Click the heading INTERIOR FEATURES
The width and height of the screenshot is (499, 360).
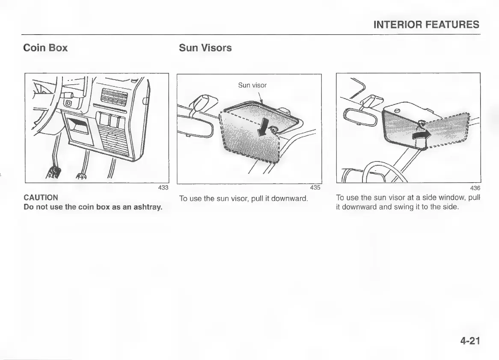[x=426, y=24]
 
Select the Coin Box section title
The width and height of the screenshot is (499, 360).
[x=45, y=48]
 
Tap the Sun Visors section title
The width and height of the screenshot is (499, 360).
[x=205, y=48]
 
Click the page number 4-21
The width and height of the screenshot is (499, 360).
[x=470, y=341]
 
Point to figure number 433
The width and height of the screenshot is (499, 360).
[x=163, y=187]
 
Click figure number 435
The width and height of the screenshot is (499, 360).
[x=315, y=187]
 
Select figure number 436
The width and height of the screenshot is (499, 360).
[x=475, y=188]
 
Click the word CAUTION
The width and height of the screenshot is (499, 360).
[x=41, y=198]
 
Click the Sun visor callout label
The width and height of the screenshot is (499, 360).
[x=252, y=85]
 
